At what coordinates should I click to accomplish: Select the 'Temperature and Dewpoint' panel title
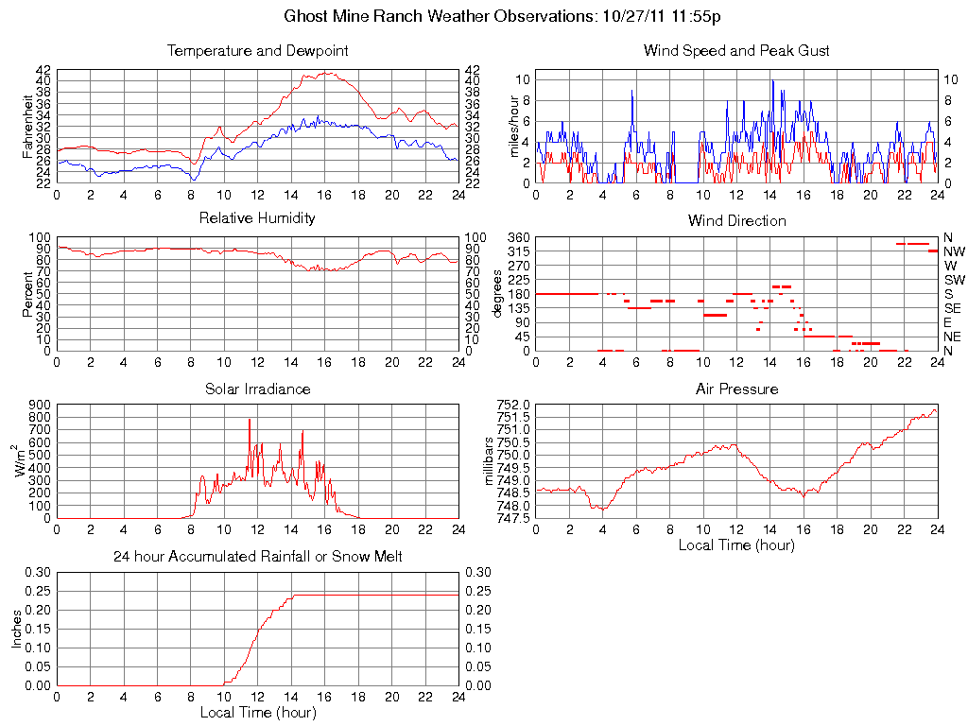click(257, 51)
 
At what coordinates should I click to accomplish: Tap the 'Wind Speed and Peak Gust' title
click(736, 51)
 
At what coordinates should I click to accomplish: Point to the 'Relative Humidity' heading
click(257, 218)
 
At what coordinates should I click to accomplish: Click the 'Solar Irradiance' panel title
click(257, 389)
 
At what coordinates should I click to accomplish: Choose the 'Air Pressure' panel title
click(736, 389)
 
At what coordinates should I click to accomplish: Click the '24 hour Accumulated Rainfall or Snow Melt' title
click(257, 557)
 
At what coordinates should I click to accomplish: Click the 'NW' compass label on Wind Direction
click(954, 251)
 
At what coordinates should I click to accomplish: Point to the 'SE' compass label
click(953, 308)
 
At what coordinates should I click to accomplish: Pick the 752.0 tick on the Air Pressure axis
click(514, 405)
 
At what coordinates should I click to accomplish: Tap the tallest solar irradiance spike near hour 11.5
click(250, 419)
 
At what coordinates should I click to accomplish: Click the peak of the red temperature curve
click(326, 73)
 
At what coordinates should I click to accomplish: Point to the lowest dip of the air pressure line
click(602, 509)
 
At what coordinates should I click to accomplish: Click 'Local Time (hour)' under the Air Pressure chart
click(736, 544)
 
